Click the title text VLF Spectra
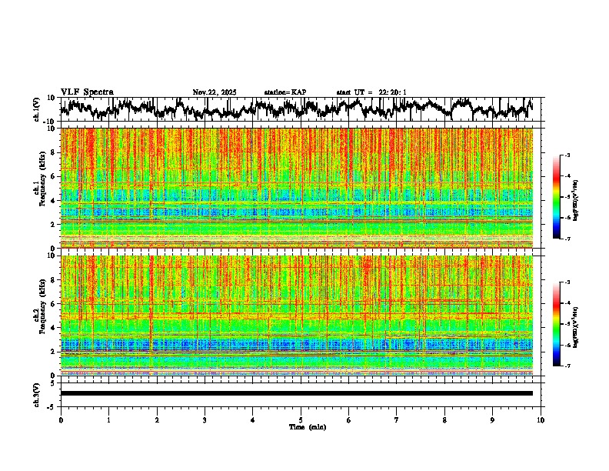(x=87, y=92)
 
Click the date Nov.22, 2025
(x=215, y=92)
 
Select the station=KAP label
(x=285, y=92)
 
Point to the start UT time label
(x=371, y=92)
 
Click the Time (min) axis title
(x=307, y=427)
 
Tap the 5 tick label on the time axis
(x=301, y=420)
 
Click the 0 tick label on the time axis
(x=61, y=420)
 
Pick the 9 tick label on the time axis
(x=493, y=420)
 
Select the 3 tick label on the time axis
(x=205, y=420)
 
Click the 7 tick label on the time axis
(x=397, y=420)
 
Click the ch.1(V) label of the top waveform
(x=38, y=109)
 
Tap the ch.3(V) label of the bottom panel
(x=38, y=393)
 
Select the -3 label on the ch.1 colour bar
(x=567, y=155)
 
